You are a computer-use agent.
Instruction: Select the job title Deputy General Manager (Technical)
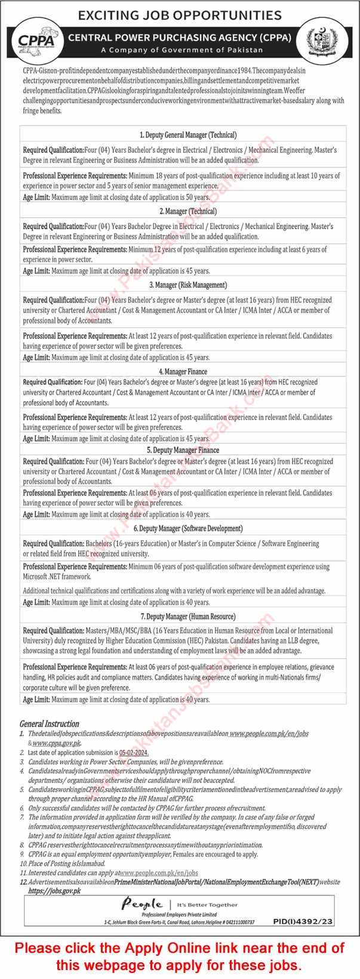tap(188, 135)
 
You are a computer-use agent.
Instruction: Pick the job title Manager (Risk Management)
tap(188, 285)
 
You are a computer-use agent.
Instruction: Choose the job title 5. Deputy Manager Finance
tap(183, 450)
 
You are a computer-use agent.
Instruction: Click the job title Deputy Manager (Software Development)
tap(188, 528)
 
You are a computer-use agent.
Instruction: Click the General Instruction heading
tap(50, 724)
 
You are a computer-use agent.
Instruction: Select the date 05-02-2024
tap(133, 753)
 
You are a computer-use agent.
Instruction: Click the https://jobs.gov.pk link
tap(54, 890)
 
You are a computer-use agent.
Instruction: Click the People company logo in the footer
tap(142, 904)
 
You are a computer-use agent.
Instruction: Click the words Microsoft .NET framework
tap(57, 577)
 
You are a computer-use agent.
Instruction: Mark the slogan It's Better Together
tap(207, 904)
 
